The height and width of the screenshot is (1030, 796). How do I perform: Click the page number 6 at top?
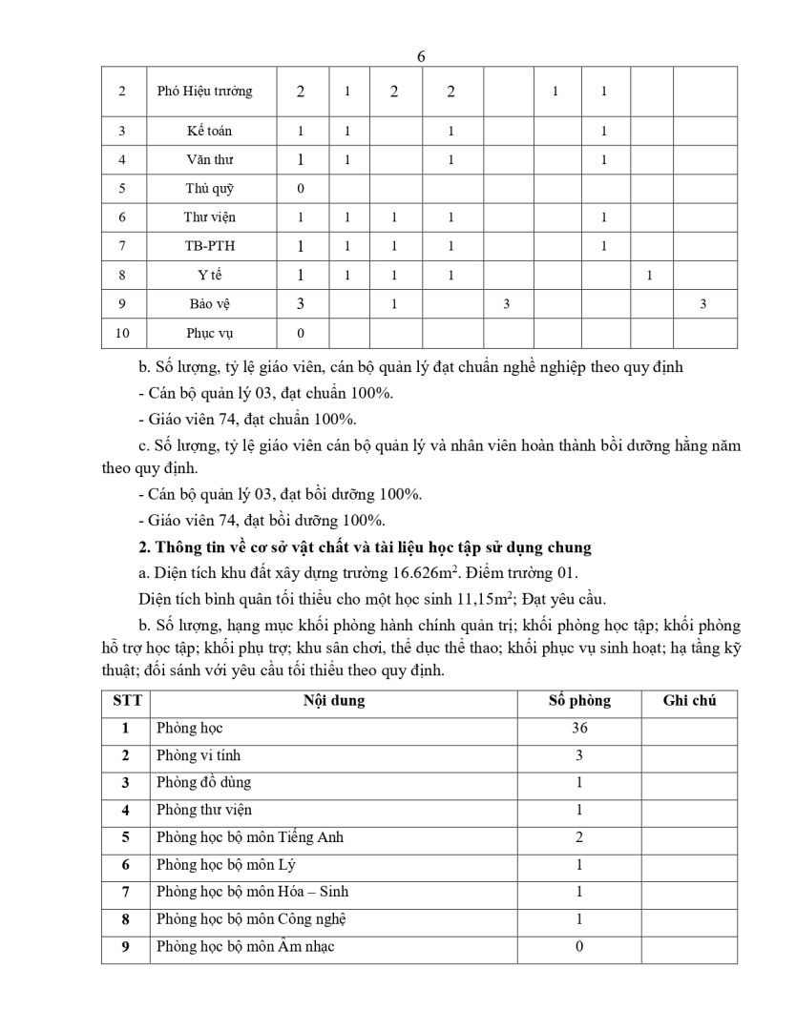tap(421, 56)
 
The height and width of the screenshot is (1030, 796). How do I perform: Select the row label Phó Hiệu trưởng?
tap(204, 92)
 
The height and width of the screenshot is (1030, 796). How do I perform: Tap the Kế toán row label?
tap(209, 131)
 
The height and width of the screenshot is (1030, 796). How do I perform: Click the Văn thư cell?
tap(209, 159)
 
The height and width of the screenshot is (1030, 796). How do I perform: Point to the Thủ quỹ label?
tap(209, 188)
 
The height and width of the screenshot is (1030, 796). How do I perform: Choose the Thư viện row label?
tap(209, 217)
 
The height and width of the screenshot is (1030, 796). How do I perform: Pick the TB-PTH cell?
tap(209, 246)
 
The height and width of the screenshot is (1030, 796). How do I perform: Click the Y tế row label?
tap(209, 276)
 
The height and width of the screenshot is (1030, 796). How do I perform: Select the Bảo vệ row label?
tap(209, 304)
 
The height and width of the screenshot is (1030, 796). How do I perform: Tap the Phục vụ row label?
tap(209, 333)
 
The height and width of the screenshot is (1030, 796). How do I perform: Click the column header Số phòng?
tap(579, 701)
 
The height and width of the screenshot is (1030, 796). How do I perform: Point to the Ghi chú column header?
tap(689, 701)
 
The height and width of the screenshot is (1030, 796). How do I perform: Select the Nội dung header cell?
tap(334, 701)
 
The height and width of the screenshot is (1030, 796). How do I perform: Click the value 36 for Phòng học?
tap(579, 729)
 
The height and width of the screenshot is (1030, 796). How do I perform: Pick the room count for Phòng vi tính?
tap(579, 755)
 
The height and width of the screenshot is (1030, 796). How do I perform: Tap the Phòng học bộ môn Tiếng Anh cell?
tap(250, 837)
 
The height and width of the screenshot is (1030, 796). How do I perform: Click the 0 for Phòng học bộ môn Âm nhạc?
tap(579, 947)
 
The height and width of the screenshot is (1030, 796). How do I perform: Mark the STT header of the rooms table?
tap(126, 701)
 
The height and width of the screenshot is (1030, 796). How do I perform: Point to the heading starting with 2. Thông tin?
tap(366, 546)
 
